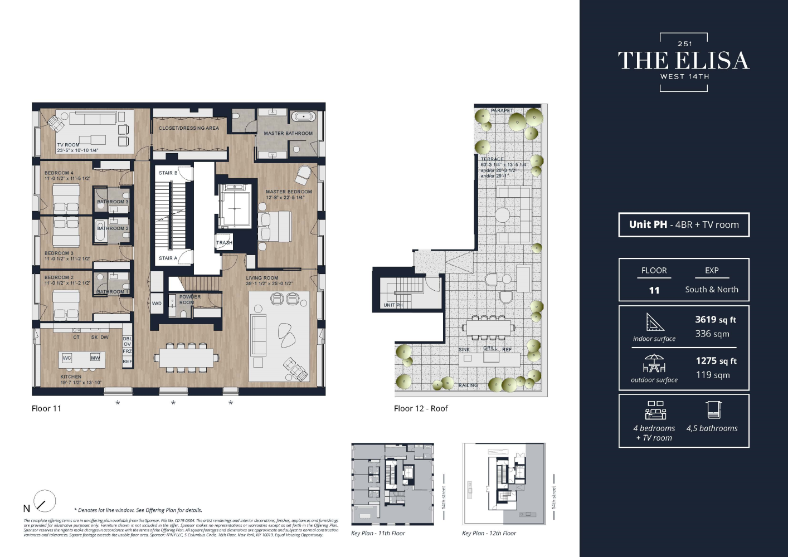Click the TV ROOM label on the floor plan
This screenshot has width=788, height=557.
click(x=68, y=145)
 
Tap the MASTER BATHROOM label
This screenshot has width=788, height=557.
click(x=288, y=134)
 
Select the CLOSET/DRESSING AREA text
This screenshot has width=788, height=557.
click(x=189, y=128)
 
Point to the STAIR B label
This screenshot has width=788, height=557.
click(x=168, y=173)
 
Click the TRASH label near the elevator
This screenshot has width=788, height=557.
click(x=224, y=243)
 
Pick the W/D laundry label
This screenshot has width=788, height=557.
click(x=157, y=304)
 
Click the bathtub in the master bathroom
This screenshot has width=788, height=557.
click(x=304, y=117)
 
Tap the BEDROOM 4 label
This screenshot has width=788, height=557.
click(x=59, y=173)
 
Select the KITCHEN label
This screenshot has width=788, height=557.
click(x=71, y=377)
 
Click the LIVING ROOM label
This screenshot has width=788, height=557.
click(x=262, y=278)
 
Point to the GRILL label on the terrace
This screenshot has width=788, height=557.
click(x=490, y=348)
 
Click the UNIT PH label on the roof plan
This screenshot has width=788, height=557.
click(x=393, y=305)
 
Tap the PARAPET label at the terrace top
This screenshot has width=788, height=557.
click(x=502, y=110)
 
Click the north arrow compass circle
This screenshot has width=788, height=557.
click(x=45, y=501)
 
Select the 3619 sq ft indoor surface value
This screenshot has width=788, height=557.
click(x=716, y=320)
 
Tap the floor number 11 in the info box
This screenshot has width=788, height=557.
click(x=654, y=290)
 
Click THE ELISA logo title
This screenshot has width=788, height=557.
click(x=684, y=61)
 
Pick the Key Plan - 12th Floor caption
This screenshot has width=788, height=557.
click(x=489, y=533)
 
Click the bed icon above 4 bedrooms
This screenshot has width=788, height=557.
click(x=655, y=410)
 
